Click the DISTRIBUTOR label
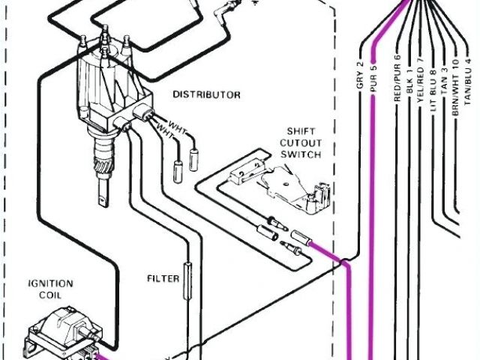click(206, 95)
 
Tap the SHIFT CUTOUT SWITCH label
click(301, 142)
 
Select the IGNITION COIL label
click(50, 289)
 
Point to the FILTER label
click(163, 279)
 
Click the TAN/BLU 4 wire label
click(468, 79)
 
